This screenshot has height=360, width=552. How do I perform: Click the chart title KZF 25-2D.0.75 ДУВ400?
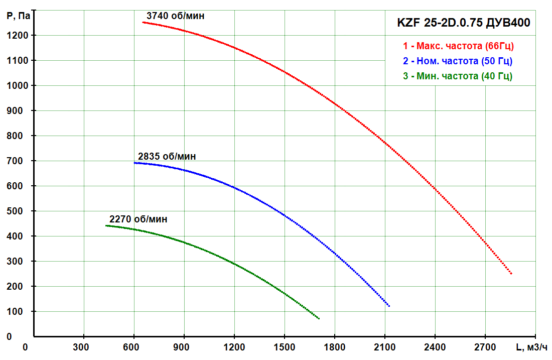pos(463,23)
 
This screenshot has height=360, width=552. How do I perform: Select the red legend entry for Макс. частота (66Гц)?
pos(458,46)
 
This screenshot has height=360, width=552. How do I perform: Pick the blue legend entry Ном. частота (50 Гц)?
pos(458,61)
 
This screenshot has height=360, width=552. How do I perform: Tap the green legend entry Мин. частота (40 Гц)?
pos(458,76)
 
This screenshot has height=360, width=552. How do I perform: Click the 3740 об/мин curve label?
pos(175,16)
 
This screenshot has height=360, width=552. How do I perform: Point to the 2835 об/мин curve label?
pos(167,156)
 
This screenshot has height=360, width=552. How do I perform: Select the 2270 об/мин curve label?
pos(139,219)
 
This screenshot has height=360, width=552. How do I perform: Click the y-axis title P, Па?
pos(18,16)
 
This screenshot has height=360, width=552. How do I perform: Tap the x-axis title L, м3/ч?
pos(531,347)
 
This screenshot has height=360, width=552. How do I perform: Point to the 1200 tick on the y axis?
pos(17,35)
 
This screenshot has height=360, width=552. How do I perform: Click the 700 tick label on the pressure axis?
pos(15,161)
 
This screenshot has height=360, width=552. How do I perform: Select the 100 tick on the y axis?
pos(15,311)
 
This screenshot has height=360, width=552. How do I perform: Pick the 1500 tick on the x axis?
pos(285,347)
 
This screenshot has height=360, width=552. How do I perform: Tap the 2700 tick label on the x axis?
pos(485,347)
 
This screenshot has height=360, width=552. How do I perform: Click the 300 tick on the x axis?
pos(81,347)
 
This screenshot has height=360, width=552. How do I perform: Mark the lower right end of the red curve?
pos(511,274)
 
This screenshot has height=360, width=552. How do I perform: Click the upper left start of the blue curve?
pos(134,163)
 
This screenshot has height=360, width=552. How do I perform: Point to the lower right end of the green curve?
pos(319,318)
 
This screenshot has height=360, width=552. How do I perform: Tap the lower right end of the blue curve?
pos(389,306)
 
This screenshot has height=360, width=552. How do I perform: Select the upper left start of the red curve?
pos(143,22)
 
